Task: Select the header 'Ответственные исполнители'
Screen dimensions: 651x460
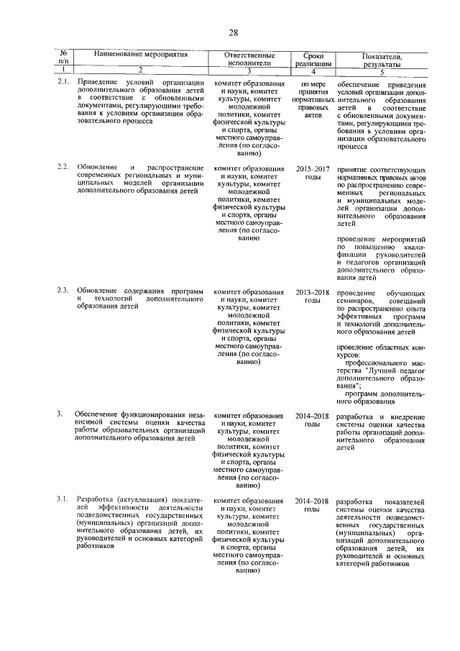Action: (x=248, y=59)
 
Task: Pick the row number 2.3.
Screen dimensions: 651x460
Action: (x=63, y=291)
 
